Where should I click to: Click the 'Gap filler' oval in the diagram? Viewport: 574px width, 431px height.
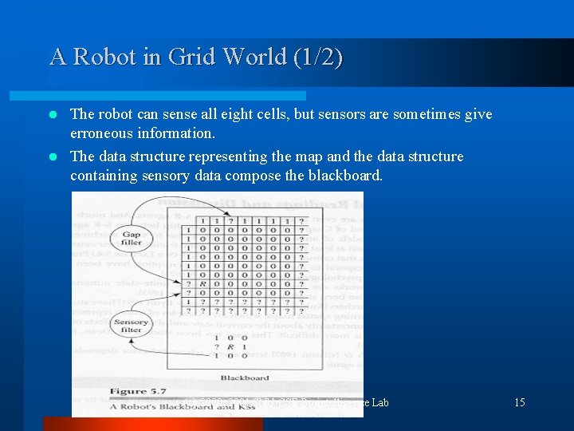click(x=131, y=238)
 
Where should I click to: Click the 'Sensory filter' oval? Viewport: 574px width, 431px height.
click(x=131, y=325)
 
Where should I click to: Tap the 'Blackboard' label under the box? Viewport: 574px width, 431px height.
click(x=244, y=378)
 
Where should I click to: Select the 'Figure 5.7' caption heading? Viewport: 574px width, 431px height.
click(x=116, y=392)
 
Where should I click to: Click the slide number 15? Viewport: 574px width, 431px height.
click(x=519, y=402)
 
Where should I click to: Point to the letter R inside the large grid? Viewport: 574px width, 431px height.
click(x=205, y=283)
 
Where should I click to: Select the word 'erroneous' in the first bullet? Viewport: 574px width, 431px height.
click(x=101, y=132)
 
